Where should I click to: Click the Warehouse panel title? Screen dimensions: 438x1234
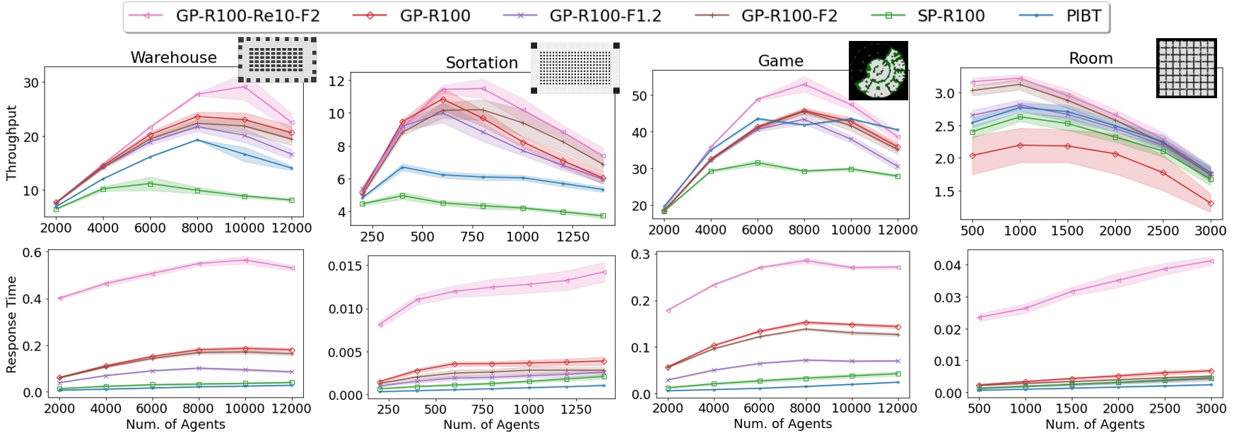173,58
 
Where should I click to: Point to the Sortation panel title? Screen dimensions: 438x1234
481,63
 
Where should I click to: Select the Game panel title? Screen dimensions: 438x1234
780,61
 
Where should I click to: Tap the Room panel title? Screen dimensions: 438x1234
1091,59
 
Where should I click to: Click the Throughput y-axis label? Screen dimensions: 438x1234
11,143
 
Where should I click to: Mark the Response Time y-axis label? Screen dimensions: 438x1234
11,324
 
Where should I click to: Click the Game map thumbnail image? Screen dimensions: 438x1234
878,70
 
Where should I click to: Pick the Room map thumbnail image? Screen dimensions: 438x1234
1186,68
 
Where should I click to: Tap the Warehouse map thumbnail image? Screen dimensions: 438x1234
277,60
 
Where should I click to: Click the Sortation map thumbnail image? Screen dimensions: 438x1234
575,68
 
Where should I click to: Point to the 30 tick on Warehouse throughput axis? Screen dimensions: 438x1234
31,83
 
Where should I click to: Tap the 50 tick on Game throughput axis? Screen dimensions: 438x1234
640,95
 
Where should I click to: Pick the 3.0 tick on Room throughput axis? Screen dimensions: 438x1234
946,93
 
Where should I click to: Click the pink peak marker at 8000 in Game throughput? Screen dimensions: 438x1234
804,84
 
